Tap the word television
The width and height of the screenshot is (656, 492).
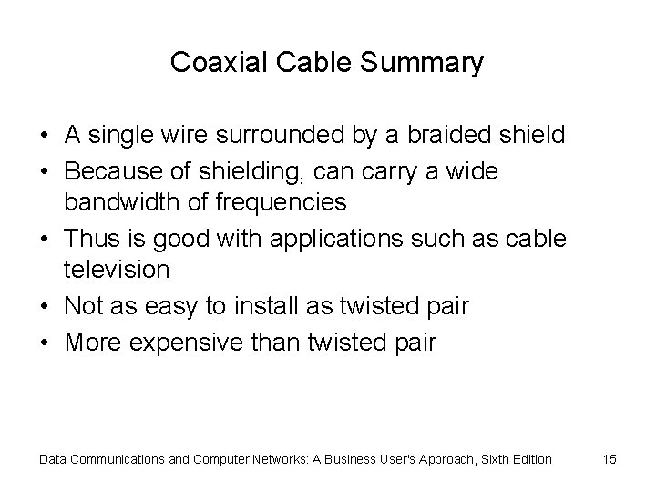(x=117, y=271)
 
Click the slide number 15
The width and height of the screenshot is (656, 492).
(x=610, y=459)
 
